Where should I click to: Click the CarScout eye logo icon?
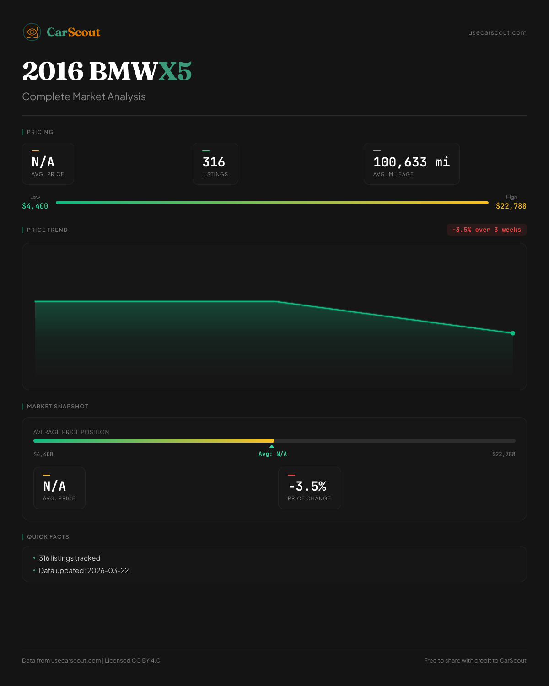coord(32,32)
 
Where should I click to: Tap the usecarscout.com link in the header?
coord(497,33)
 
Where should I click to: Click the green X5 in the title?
coord(175,71)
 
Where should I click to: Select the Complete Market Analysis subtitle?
coord(84,97)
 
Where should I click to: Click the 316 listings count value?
coord(214,162)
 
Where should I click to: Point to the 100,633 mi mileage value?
coord(411,162)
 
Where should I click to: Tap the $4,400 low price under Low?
coord(35,206)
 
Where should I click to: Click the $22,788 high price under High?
coord(511,206)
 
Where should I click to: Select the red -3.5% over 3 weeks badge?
coord(486,230)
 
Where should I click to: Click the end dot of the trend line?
coord(513,333)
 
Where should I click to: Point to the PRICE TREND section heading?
coord(47,230)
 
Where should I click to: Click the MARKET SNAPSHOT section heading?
coord(57,407)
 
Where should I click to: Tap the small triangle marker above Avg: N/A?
coord(272,446)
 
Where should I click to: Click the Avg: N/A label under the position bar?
coord(273,454)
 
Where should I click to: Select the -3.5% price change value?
coord(307,486)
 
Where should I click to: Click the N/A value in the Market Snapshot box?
coord(54,486)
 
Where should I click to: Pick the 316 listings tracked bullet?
coord(70,558)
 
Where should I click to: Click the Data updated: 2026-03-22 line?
coord(84,571)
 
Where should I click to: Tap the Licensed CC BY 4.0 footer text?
coord(133,660)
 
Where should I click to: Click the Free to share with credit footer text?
coord(475,660)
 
